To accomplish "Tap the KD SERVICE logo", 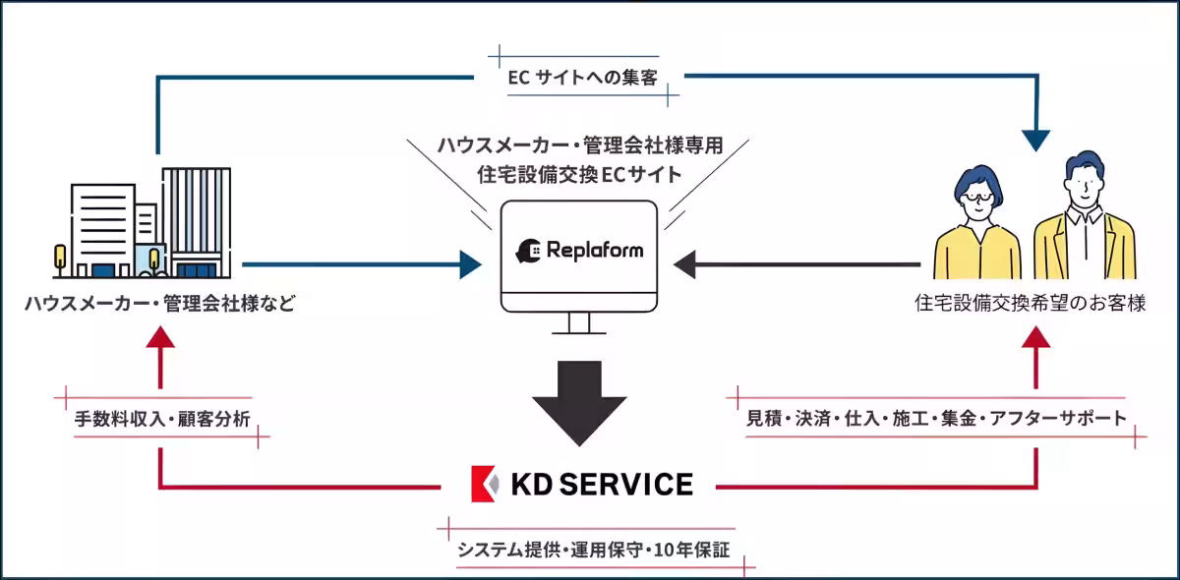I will click(581, 484).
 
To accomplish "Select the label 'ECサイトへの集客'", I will click(583, 78).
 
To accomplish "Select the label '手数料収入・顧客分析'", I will click(162, 419).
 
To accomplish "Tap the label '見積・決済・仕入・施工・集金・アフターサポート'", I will click(937, 418).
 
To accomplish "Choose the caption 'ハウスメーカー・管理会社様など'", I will click(160, 305).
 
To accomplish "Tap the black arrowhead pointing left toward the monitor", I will click(685, 263).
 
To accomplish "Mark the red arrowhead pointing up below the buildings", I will click(159, 337).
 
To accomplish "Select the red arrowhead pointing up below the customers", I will click(1035, 337).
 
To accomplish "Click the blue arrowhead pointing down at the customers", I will click(1035, 140).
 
